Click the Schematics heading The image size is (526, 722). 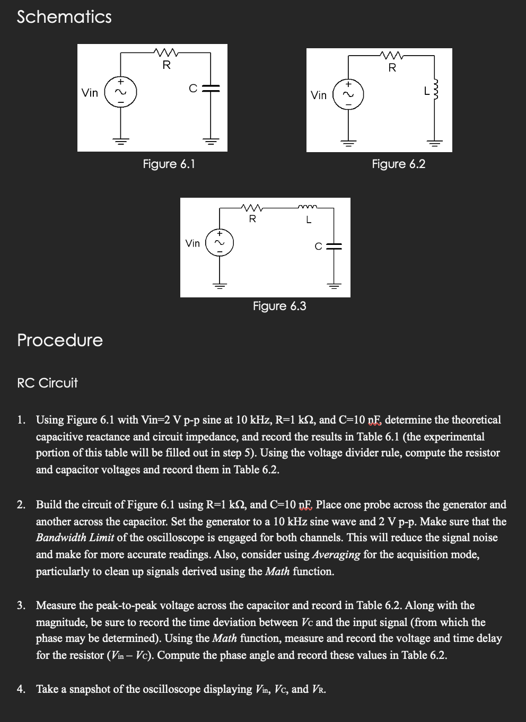[64, 17]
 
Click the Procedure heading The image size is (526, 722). [60, 340]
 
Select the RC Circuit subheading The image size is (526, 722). [47, 383]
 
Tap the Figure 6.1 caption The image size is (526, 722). [169, 164]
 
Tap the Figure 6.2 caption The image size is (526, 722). [398, 164]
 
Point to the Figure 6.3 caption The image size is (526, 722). [279, 306]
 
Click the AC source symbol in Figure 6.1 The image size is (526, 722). [121, 93]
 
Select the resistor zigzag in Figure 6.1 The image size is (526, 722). [166, 52]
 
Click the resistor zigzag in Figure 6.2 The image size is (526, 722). [392, 55]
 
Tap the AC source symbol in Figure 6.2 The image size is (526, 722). [348, 94]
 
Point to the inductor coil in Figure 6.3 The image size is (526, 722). [308, 208]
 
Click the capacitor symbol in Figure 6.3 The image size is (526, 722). [334, 245]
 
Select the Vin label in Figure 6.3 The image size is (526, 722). [192, 243]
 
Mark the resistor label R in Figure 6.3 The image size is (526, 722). [252, 218]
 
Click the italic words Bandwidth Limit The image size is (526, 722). [75, 538]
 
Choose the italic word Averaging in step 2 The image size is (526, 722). [336, 554]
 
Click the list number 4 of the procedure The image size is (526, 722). [20, 689]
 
